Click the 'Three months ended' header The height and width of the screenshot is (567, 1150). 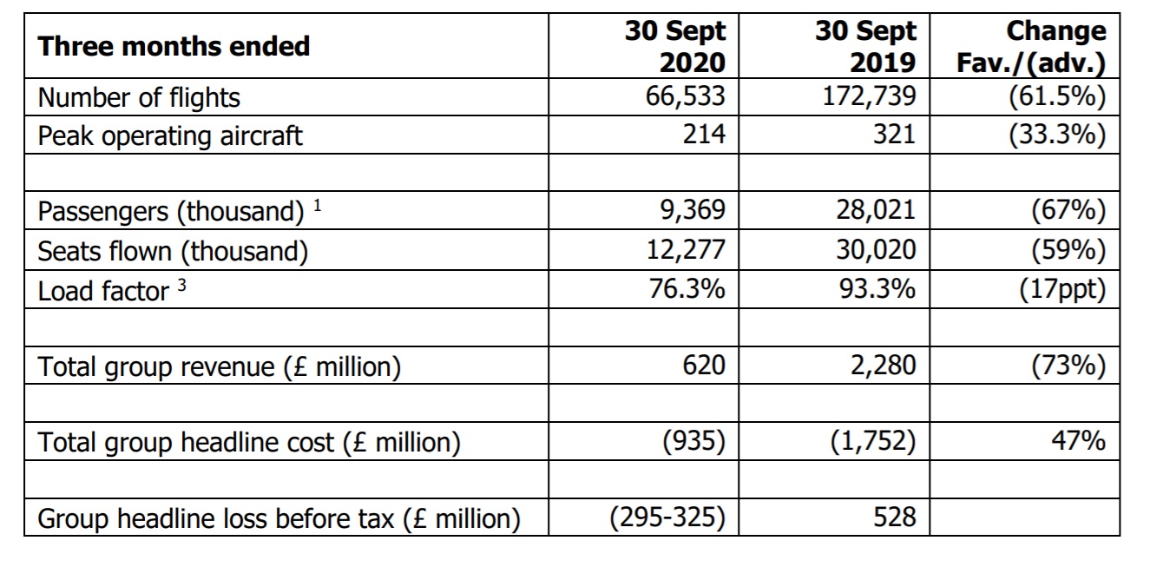click(174, 46)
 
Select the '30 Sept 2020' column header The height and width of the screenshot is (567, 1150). click(675, 47)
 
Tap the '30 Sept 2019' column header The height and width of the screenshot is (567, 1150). click(865, 47)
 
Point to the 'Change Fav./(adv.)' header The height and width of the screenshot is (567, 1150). click(1031, 47)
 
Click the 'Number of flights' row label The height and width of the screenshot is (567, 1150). click(139, 97)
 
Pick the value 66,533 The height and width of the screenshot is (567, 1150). click(686, 96)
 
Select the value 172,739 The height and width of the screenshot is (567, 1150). click(869, 96)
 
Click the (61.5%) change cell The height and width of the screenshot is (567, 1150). click(1057, 96)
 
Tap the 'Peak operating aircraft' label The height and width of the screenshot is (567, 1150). click(170, 136)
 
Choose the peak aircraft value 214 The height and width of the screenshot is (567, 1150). click(704, 134)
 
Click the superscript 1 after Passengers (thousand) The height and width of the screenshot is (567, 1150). click(318, 206)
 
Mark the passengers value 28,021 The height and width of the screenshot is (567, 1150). click(876, 210)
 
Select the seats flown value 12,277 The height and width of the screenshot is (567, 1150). click(686, 249)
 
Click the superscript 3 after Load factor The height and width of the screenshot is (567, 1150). click(181, 285)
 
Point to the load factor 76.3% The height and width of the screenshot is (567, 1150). click(687, 288)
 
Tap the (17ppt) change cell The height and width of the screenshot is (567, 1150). click(1062, 289)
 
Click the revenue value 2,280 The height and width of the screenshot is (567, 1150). click(883, 366)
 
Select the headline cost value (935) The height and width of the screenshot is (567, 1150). click(694, 441)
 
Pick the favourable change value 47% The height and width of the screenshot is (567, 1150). click(1078, 440)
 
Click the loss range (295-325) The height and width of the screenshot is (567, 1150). click(667, 518)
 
